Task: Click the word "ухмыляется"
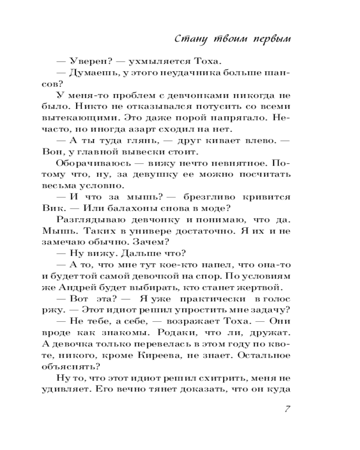(152, 62)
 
